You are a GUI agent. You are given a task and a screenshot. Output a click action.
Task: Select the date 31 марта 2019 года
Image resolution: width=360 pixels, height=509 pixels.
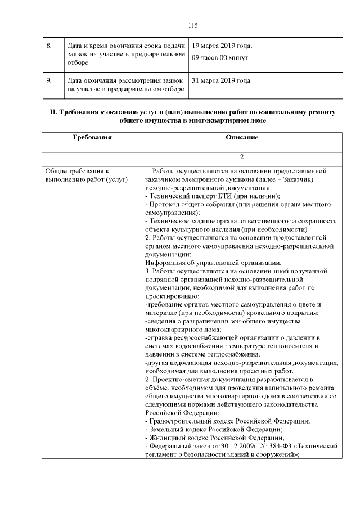(221, 80)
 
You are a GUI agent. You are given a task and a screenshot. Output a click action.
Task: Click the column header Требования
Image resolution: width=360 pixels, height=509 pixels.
(92, 137)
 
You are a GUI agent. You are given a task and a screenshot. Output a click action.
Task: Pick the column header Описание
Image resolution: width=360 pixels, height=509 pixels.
(241, 137)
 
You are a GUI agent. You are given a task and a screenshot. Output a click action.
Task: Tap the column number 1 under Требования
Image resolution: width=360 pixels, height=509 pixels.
(92, 157)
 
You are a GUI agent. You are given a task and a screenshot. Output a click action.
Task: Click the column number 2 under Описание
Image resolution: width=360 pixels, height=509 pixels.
(241, 157)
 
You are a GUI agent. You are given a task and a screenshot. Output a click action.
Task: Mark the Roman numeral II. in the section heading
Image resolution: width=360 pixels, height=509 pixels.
(53, 112)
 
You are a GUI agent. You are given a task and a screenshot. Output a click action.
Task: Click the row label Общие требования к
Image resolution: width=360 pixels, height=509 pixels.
(76, 170)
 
